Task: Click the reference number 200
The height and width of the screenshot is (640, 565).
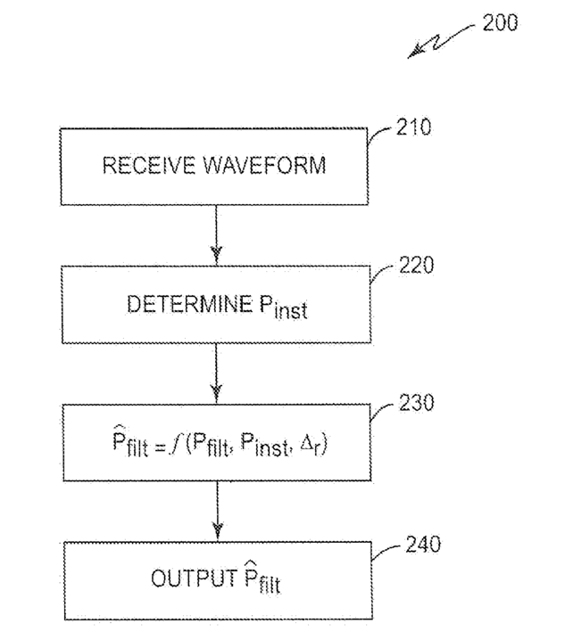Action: pos(500,22)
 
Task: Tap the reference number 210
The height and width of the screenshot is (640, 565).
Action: pos(413,127)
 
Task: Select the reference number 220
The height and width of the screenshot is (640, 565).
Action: pos(416,265)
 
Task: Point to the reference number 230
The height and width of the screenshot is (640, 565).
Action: pos(416,402)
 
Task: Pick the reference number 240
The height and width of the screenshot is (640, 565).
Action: pos(423,544)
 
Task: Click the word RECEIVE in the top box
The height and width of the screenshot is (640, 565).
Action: pos(148,165)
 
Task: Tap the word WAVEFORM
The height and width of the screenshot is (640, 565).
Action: pos(264,165)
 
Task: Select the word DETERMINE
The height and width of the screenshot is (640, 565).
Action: pos(190,304)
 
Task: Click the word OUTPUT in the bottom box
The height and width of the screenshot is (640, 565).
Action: pos(194,578)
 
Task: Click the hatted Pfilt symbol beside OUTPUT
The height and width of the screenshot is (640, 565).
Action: pos(262,578)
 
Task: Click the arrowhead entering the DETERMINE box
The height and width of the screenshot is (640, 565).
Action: pos(216,254)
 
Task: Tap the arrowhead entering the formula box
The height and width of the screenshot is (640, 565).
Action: pos(216,392)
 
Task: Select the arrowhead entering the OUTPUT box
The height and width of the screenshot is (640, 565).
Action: pos(218,529)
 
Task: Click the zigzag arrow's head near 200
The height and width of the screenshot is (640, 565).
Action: pos(414,53)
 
